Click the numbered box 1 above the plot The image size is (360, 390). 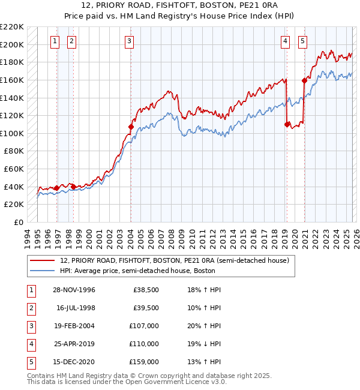coord(55,41)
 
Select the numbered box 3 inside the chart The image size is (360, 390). coord(130,41)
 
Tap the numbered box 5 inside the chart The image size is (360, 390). coord(302,41)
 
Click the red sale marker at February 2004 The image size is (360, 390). coord(131,127)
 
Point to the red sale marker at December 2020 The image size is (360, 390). coord(304,80)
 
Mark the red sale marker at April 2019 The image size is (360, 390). coord(287,124)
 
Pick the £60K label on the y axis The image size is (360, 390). coord(14,169)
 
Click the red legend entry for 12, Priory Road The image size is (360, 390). coord(175,260)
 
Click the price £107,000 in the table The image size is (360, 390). coord(144,326)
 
